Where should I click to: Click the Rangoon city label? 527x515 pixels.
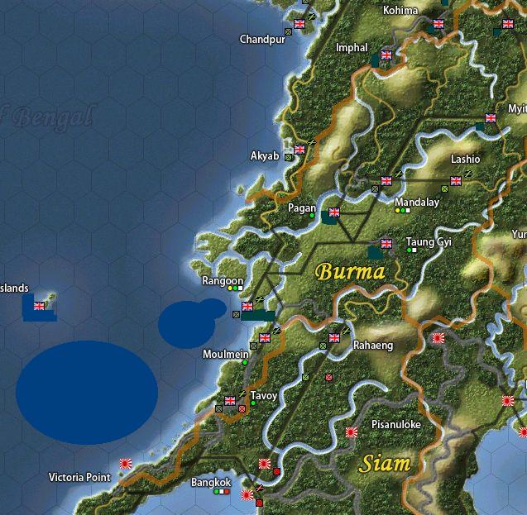point(223,281)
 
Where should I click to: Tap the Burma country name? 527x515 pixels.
point(351,271)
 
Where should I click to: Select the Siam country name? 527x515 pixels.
point(385,463)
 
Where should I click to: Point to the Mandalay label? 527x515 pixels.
point(416,202)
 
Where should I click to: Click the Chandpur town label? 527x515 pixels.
point(261,39)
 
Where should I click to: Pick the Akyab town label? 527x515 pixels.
point(265,155)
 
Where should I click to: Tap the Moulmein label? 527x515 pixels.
point(225,354)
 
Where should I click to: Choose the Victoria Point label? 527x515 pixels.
point(79,478)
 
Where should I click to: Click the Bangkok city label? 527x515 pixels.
point(211,482)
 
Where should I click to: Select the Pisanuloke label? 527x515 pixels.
point(395,424)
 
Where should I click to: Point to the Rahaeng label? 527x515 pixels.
point(373,346)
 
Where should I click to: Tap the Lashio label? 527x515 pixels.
point(464,159)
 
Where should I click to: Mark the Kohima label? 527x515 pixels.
point(400,10)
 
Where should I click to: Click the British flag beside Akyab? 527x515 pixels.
point(299,150)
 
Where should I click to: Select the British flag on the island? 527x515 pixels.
point(39,306)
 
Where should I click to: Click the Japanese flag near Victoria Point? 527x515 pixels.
point(126,464)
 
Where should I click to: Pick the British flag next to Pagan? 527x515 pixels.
point(334,212)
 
